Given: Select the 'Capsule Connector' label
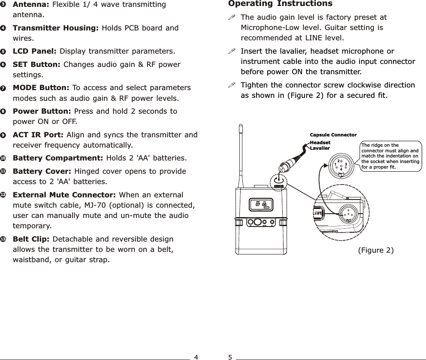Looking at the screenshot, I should pos(333,135).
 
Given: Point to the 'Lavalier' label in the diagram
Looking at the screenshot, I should pos(320,148).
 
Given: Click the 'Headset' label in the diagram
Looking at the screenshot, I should pos(320,142).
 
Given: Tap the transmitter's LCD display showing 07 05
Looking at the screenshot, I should pos(261,205).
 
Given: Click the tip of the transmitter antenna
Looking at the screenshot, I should pos(242,126).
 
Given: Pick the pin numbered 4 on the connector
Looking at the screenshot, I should pos(341,169).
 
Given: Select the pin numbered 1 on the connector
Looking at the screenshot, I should pos(333,164).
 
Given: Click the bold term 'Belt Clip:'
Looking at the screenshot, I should pos(31,239).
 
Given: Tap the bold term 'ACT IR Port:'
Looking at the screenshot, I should pos(39,135).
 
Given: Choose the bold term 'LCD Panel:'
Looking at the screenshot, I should pos(35,51).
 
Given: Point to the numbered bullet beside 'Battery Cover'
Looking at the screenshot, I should pos(3,172).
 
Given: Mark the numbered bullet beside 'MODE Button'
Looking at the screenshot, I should pos(3,88).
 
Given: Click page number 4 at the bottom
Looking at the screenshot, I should pos(196,357).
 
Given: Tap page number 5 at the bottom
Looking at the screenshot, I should pos(230,357).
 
